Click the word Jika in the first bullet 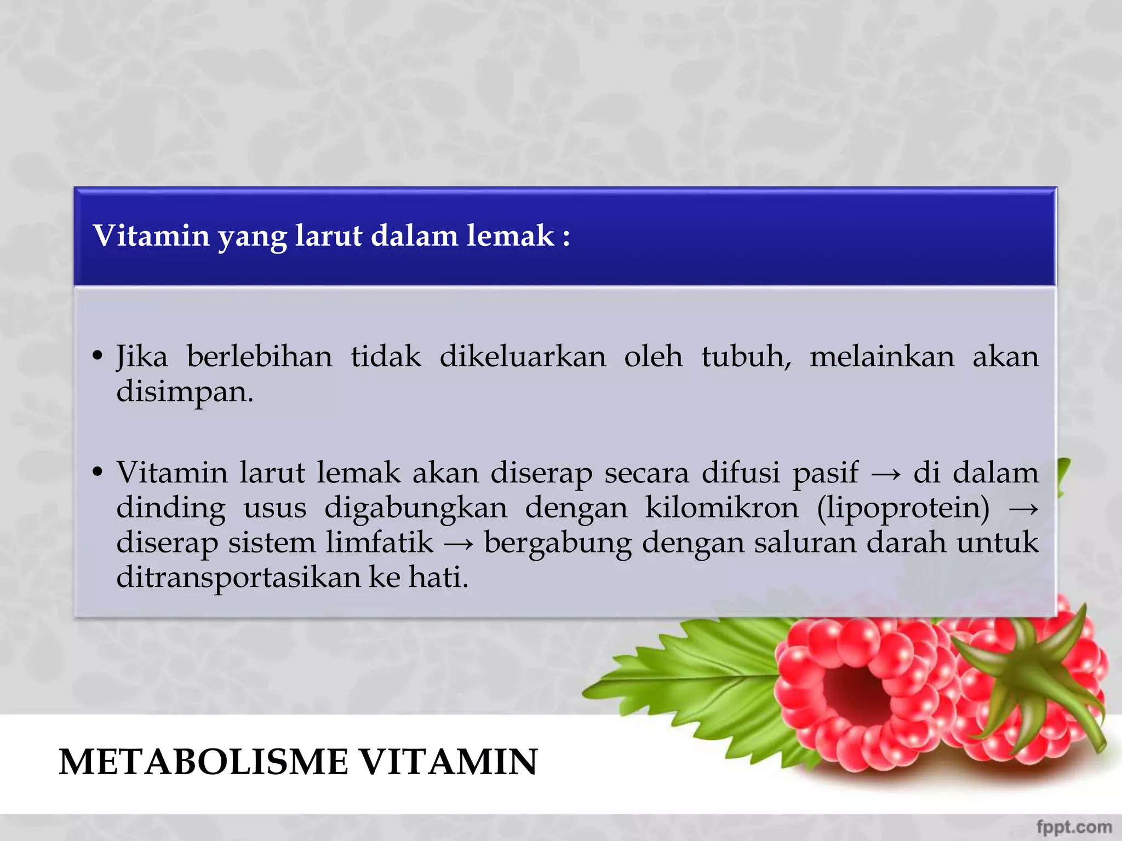tap(141, 357)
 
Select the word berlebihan tap(259, 357)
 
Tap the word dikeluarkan tap(523, 357)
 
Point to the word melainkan tap(881, 357)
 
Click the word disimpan tap(185, 393)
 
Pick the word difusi tap(741, 473)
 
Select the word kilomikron tap(722, 508)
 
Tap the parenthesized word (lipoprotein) tap(903, 509)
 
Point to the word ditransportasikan tap(238, 577)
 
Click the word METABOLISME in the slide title tap(203, 762)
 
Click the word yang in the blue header tap(251, 237)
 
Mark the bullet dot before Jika tap(98, 356)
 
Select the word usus tap(274, 509)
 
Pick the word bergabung tap(557, 544)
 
